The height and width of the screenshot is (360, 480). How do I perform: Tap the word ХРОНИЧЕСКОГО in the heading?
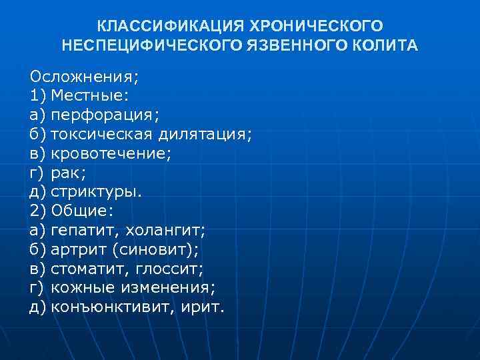pyautogui.click(x=317, y=27)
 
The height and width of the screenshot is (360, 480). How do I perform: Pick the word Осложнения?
pyautogui.click(x=83, y=77)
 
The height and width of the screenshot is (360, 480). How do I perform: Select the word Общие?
pyautogui.click(x=81, y=211)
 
